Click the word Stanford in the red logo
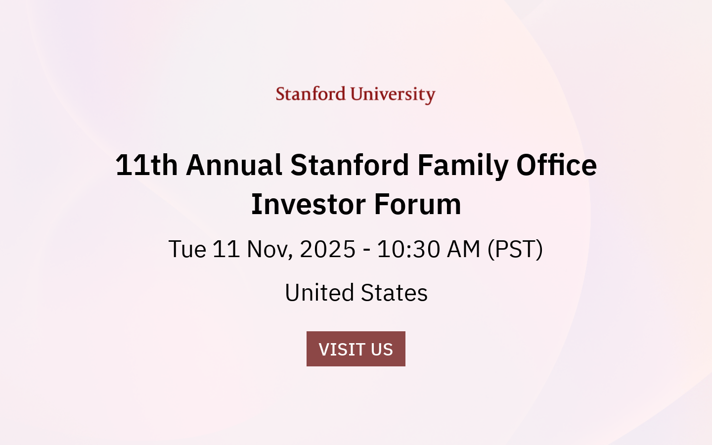[x=310, y=94]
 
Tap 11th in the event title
[x=146, y=165]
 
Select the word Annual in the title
[x=234, y=165]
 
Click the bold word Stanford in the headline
[x=350, y=165]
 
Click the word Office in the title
[x=556, y=165]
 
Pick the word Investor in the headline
[x=309, y=204]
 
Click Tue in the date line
[x=187, y=249]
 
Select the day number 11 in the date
[x=226, y=249]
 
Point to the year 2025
[x=327, y=249]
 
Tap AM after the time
[x=463, y=249]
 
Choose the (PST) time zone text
[x=515, y=249]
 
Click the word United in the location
[x=319, y=293]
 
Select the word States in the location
[x=394, y=293]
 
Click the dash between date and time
[x=366, y=250]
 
